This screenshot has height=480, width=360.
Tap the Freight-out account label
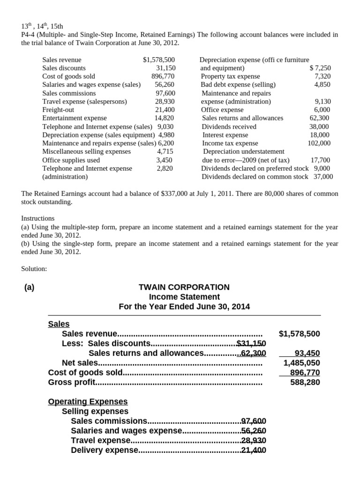[x=55, y=110]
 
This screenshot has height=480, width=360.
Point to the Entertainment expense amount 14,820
[x=165, y=118]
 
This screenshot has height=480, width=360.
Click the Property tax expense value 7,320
[x=322, y=76]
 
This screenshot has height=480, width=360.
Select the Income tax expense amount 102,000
[x=319, y=143]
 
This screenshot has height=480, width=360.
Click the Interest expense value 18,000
[x=321, y=135]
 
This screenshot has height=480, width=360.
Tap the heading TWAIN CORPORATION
[x=184, y=287]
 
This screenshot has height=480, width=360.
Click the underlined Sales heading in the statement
[x=59, y=324]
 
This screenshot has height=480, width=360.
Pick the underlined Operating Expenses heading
[x=88, y=402]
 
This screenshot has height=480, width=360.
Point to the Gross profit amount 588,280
[x=305, y=382]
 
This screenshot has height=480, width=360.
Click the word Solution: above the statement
[x=34, y=269]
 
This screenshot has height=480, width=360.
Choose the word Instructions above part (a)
[x=37, y=218]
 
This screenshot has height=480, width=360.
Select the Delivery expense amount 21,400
[x=253, y=450]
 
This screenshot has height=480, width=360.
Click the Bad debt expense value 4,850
[x=322, y=85]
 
